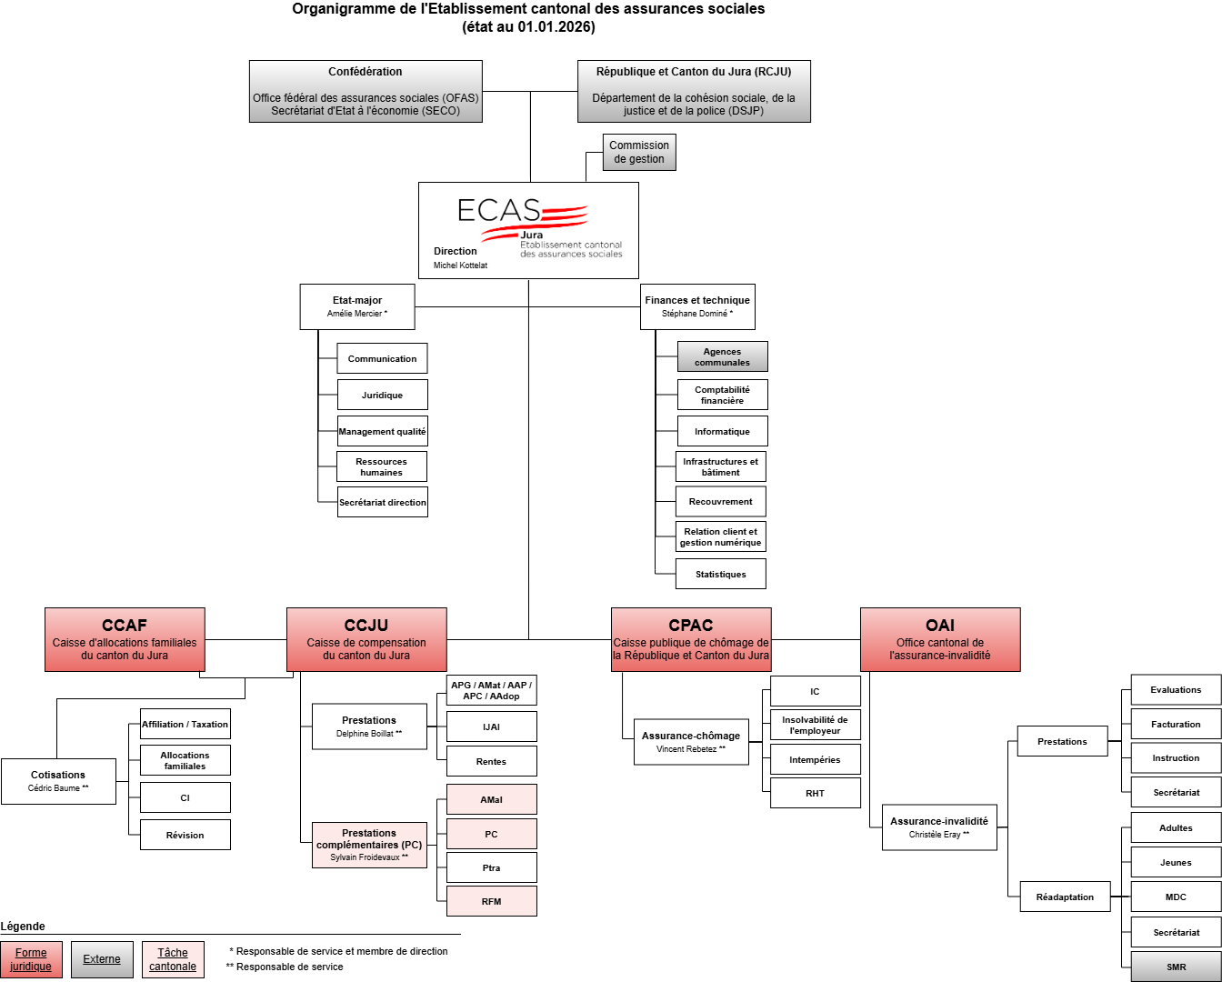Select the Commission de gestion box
[x=639, y=152]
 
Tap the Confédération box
[x=366, y=91]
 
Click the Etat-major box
[x=357, y=306]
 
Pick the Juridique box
[x=382, y=395]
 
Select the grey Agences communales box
[x=722, y=356]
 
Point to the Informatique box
[x=722, y=431]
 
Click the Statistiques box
[x=721, y=574]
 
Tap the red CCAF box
[x=125, y=639]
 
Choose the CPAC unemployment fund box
[x=691, y=639]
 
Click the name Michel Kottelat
[x=460, y=266]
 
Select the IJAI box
[x=491, y=726]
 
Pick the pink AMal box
[x=491, y=799]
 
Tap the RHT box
[x=815, y=793]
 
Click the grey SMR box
[x=1176, y=967]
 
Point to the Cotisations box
[x=58, y=781]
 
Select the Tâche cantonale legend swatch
[x=173, y=959]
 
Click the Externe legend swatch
[x=102, y=959]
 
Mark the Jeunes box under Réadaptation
[x=1176, y=862]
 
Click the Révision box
[x=185, y=835]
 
